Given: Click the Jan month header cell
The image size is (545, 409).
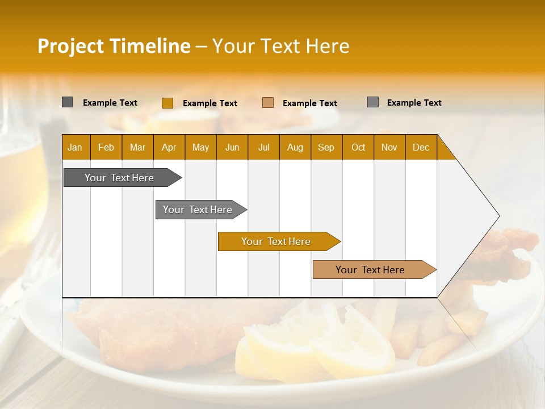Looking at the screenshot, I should point(75,147).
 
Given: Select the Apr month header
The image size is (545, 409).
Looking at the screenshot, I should point(169,147).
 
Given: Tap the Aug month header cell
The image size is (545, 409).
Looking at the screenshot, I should point(295,147).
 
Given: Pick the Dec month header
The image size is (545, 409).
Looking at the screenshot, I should point(421,147).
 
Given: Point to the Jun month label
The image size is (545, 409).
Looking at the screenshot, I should point(232,147).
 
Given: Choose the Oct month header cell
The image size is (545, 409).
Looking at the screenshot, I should point(358,147).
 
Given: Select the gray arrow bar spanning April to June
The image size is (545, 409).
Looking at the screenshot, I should point(199,210).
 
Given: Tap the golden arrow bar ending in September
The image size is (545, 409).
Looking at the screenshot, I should point(277,241).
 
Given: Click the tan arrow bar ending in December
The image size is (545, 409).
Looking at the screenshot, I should point(372,270).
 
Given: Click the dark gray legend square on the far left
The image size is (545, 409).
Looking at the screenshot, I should point(67,102).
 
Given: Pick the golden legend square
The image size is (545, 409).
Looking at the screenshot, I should point(167,103).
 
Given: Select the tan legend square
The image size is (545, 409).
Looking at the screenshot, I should point(268,103).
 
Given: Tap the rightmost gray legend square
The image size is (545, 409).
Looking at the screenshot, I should point(372,102).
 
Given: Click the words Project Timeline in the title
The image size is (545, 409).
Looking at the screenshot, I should point(114,46).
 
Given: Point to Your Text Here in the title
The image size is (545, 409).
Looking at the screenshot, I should point(280,46).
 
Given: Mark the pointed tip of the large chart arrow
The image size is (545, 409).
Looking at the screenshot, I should point(498,216).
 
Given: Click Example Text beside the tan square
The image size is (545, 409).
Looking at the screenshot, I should point(309,103).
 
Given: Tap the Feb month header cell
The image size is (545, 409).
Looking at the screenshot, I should point(106,147).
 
